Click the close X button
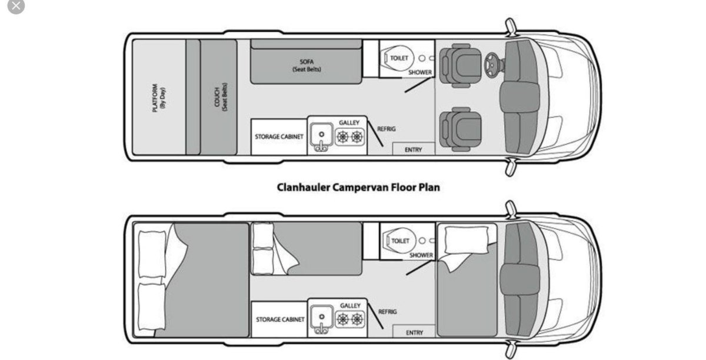(16, 6)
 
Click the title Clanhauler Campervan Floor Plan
(358, 188)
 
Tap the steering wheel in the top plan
(492, 65)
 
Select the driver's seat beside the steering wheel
(461, 65)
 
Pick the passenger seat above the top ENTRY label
(461, 129)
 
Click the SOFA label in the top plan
(307, 62)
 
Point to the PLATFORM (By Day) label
(159, 98)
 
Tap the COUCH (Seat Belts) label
(221, 97)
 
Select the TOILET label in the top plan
(399, 58)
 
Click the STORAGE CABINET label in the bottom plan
(280, 319)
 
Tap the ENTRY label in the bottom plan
(414, 332)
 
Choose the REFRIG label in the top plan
(387, 129)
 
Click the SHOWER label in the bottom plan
(421, 255)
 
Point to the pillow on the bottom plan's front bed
(467, 240)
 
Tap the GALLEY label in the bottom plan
(350, 305)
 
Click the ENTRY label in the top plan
(413, 150)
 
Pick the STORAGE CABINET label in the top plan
(279, 136)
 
